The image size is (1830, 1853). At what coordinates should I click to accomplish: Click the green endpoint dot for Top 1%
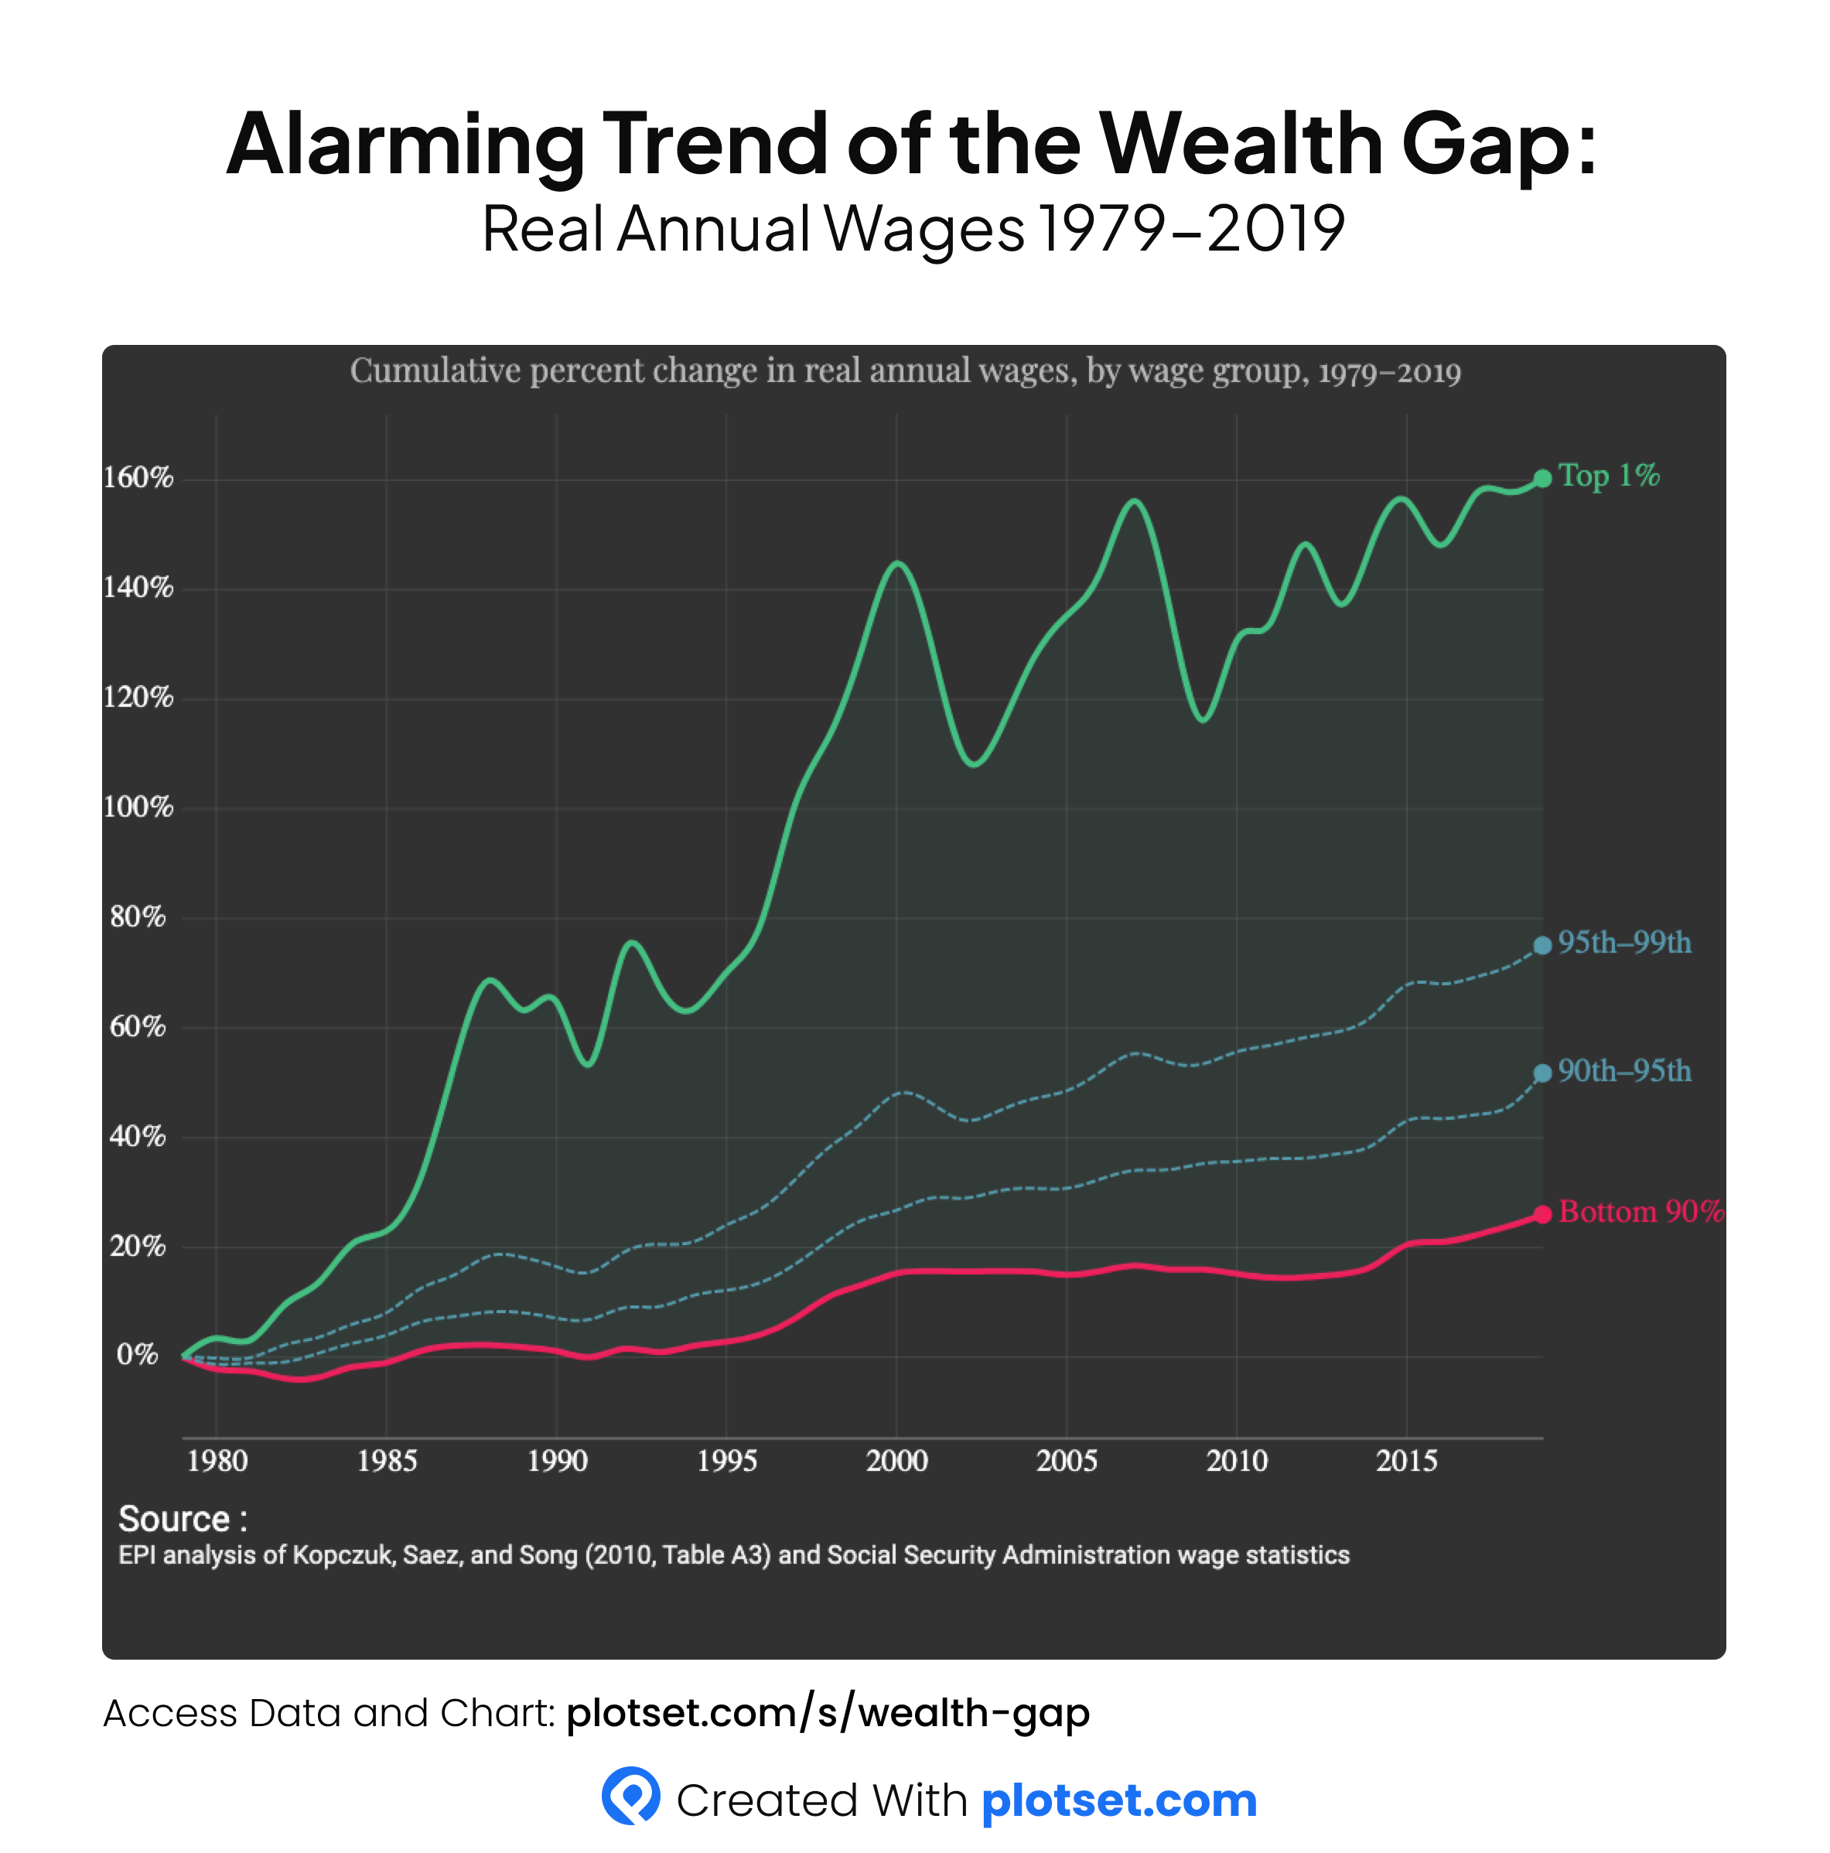(1542, 479)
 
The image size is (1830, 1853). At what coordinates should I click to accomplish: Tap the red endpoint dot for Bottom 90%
(1542, 1215)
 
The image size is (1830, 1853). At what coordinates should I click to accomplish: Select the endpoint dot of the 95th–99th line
(1542, 946)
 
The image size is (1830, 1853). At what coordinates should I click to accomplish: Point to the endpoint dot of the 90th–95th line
(1542, 1073)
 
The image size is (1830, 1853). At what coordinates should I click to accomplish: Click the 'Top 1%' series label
(1609, 476)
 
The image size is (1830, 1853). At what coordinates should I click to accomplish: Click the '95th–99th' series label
(1623, 943)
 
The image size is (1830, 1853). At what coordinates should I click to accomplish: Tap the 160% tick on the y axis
(139, 478)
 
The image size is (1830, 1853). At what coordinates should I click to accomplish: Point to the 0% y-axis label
(137, 1354)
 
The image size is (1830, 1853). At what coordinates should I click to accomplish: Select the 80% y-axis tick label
(138, 917)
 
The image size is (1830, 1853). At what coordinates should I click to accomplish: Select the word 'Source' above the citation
(173, 1519)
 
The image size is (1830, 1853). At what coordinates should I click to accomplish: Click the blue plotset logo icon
(631, 1796)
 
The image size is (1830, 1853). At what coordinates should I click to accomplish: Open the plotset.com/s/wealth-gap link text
(828, 1713)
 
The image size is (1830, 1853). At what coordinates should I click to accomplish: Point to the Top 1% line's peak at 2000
(898, 563)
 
